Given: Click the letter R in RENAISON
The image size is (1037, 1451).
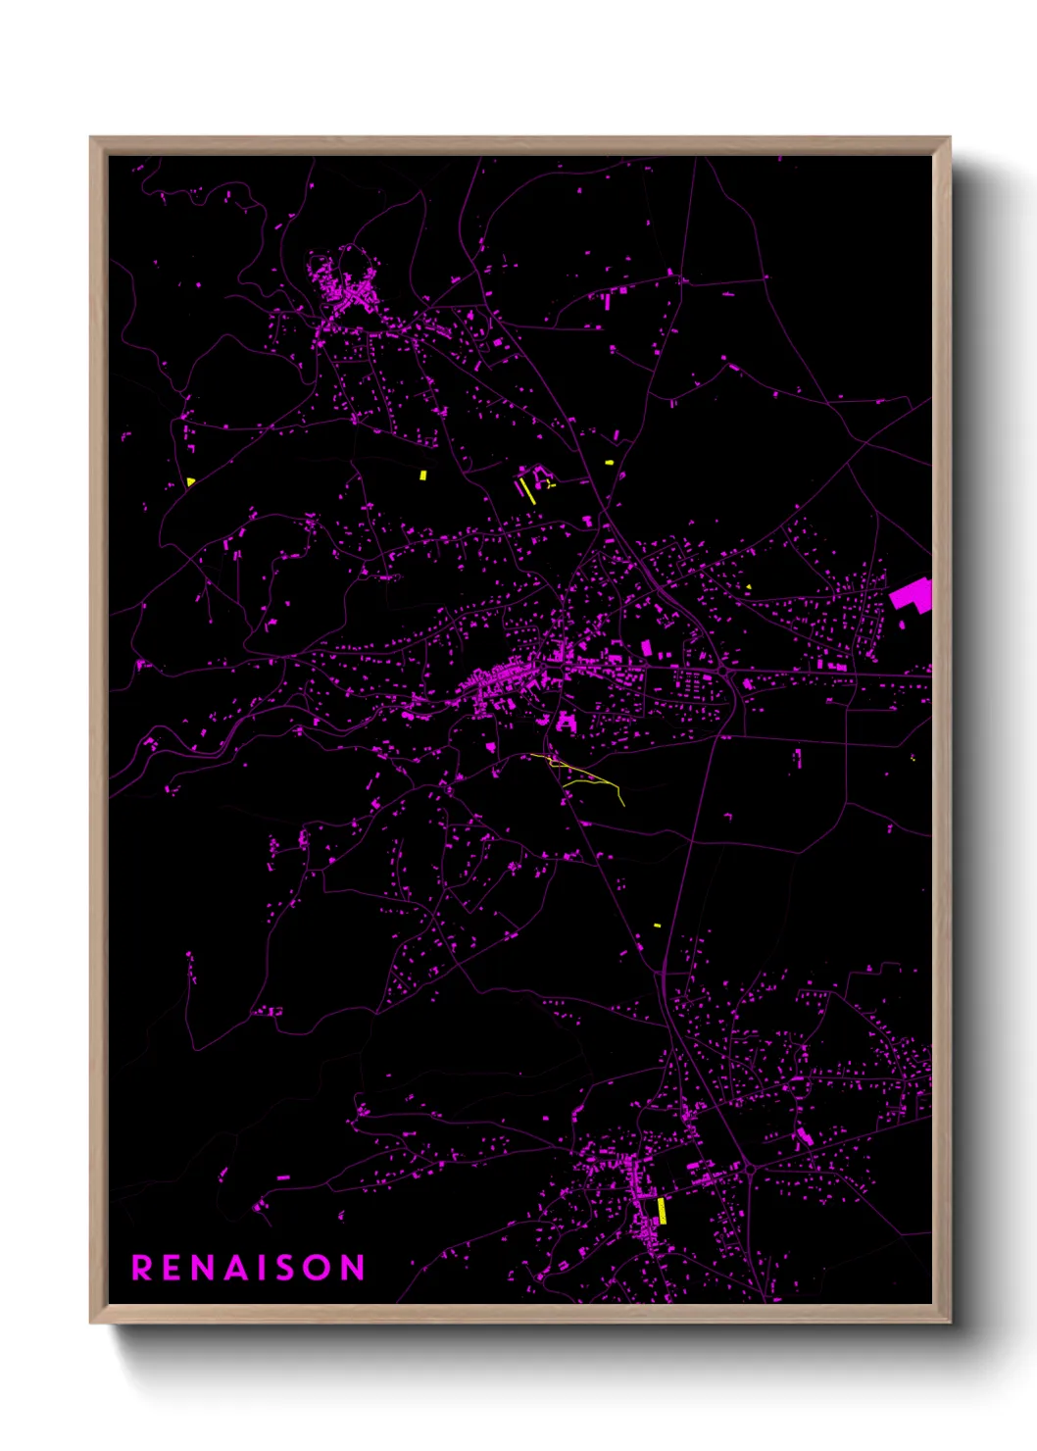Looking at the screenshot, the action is click(x=142, y=1268).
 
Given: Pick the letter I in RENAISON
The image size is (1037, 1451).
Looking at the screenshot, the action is click(x=265, y=1268).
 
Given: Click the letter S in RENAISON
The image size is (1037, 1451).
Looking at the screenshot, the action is click(x=287, y=1268).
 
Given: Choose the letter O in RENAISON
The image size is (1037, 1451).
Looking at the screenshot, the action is click(x=319, y=1268).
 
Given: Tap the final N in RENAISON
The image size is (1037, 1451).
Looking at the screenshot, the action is click(x=353, y=1268).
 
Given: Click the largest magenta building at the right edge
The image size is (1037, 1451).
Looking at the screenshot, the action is click(x=913, y=595).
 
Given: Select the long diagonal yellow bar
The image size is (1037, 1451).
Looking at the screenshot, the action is click(x=527, y=490).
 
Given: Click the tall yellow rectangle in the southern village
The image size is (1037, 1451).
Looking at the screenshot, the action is click(x=662, y=1211).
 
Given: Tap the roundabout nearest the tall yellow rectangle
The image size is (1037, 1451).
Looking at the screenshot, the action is click(x=750, y=1168).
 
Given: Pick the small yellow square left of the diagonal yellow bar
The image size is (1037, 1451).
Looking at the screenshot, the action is click(x=423, y=475).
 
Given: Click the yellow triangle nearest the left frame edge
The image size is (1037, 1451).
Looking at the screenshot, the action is click(x=190, y=481).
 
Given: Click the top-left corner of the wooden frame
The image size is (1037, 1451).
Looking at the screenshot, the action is click(x=91, y=138).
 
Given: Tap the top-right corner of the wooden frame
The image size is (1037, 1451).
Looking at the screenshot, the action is click(x=949, y=138).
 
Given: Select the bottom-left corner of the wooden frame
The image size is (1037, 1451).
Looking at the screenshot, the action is click(x=91, y=1322).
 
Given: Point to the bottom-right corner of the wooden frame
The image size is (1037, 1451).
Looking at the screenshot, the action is click(x=949, y=1322).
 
